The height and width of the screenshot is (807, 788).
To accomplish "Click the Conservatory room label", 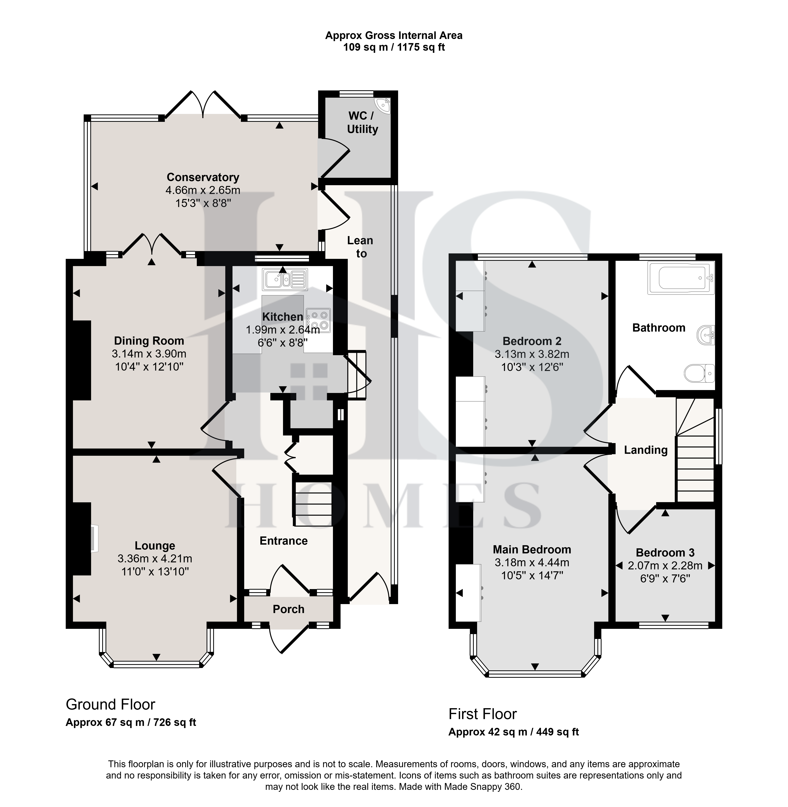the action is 203,177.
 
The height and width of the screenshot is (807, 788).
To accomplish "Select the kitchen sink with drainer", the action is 285,279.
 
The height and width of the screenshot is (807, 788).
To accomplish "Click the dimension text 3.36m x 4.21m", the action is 155,559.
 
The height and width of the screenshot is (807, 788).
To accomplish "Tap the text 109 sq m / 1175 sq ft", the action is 394,47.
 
